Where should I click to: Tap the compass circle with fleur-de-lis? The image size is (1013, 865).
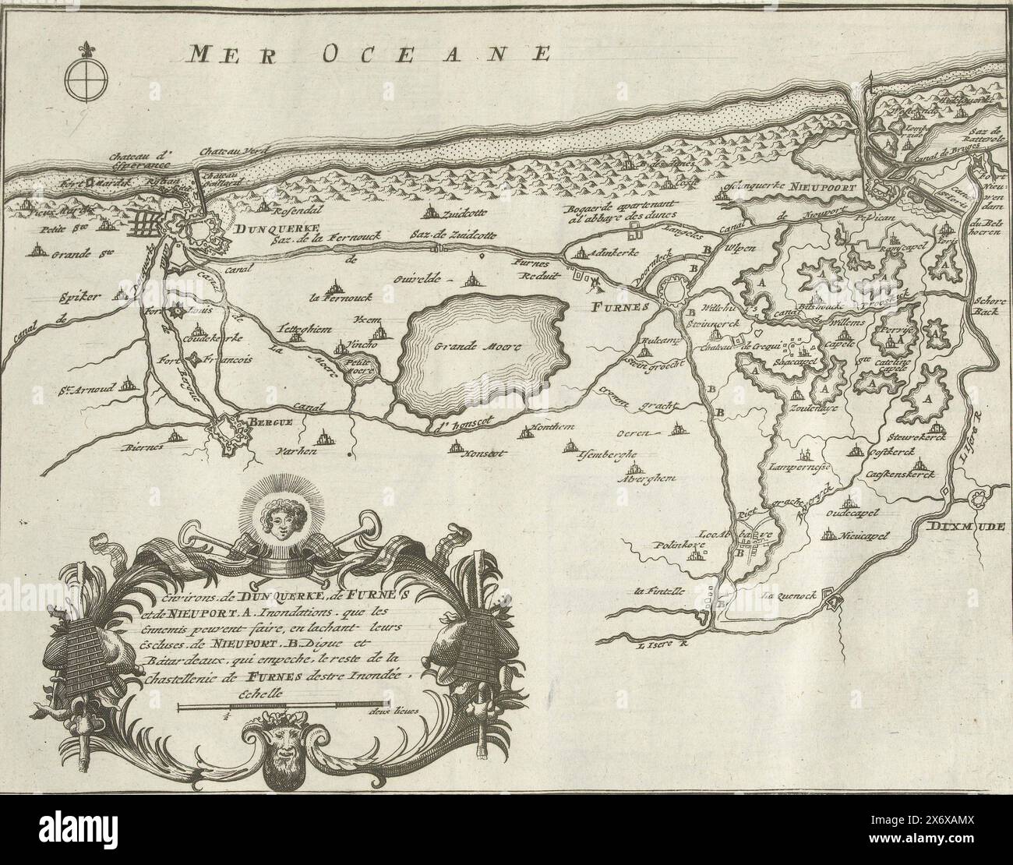pyautogui.click(x=81, y=80)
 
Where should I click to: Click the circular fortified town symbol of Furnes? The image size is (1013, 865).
pyautogui.click(x=672, y=293)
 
